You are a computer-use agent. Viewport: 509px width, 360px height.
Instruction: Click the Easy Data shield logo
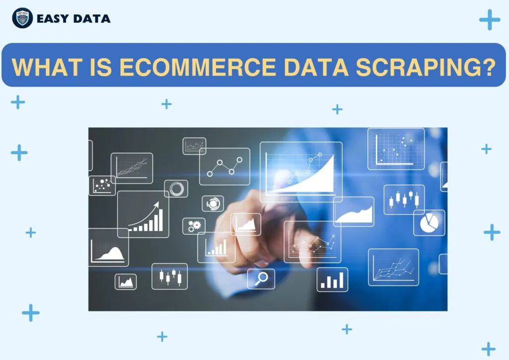(x=22, y=18)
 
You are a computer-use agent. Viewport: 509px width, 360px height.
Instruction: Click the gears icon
(x=194, y=226)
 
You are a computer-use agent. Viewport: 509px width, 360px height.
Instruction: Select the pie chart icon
(x=429, y=223)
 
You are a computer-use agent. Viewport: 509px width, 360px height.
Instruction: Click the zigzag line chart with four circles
(x=225, y=167)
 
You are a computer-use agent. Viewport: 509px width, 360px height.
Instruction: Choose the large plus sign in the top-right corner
(x=490, y=19)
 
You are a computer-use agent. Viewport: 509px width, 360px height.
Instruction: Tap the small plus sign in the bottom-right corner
(x=488, y=349)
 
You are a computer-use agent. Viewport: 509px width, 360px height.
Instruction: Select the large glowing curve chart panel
(x=301, y=172)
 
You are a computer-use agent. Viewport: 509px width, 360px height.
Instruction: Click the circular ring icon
(x=176, y=188)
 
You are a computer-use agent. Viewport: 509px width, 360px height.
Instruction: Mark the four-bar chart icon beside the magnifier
(x=333, y=279)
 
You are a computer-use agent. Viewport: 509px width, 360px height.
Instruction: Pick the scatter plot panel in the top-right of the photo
(x=396, y=149)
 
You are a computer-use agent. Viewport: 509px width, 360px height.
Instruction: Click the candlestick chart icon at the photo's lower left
(x=170, y=276)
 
